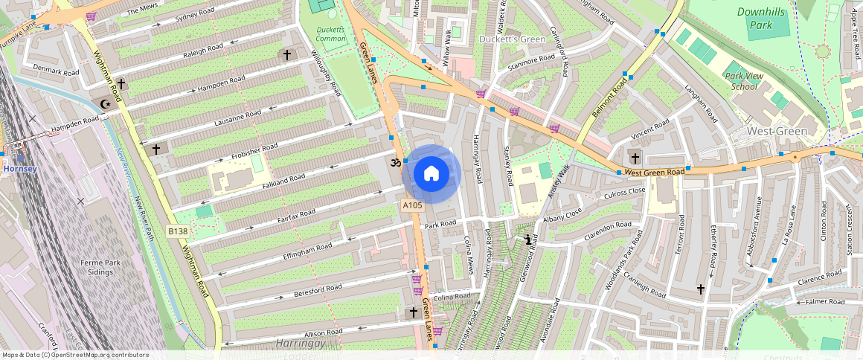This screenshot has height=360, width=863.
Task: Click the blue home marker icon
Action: [431, 174]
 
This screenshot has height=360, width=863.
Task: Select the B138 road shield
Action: [177, 231]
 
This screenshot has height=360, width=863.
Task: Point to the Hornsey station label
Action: [19, 169]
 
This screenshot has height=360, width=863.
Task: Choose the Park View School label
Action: [745, 81]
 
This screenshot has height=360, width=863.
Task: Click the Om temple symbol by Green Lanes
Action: [394, 161]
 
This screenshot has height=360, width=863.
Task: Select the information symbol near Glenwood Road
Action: [528, 240]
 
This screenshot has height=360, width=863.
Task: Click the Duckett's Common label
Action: [331, 34]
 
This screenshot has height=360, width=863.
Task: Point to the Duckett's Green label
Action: [512, 39]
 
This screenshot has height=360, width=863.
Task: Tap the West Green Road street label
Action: [654, 173]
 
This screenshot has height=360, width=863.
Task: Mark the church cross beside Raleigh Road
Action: [287, 55]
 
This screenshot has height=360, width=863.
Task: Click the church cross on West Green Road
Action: [635, 158]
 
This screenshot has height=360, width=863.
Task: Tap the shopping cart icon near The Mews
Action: [91, 16]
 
